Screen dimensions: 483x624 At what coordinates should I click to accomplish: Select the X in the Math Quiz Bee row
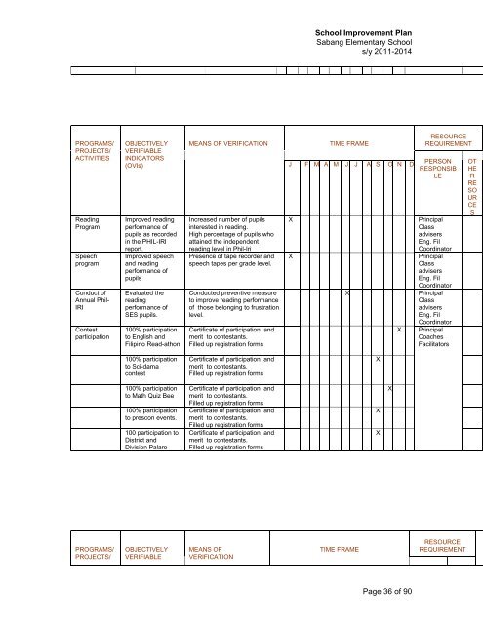[389, 390]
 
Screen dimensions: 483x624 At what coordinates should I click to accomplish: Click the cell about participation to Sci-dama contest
[143, 366]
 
